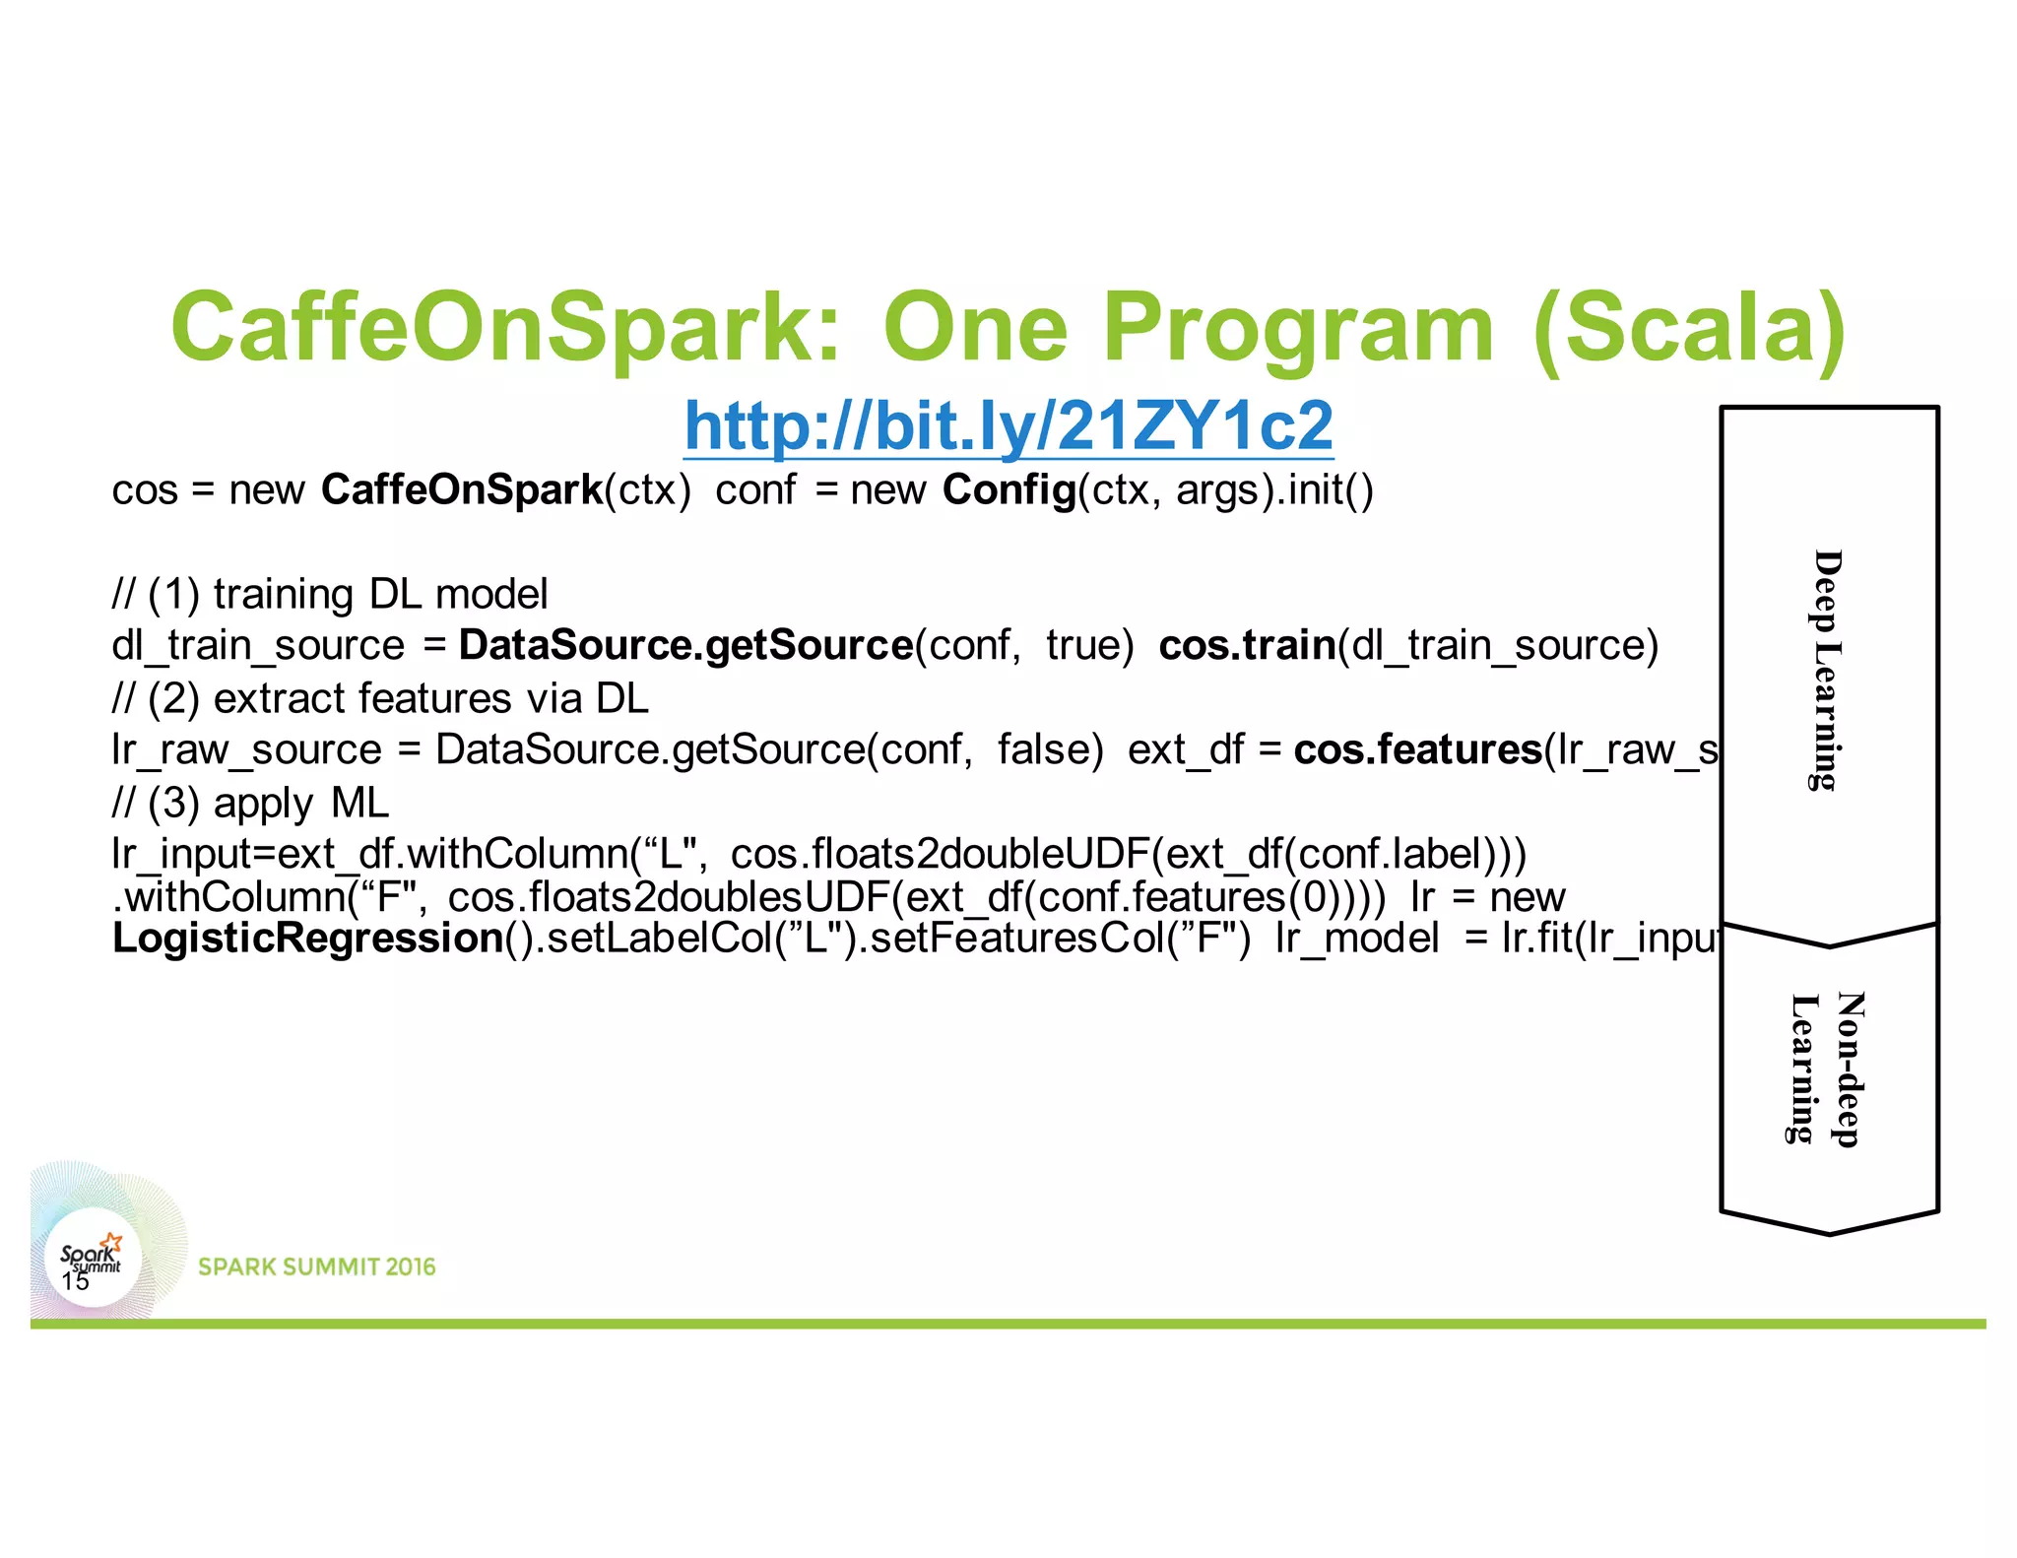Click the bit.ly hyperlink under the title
coord(1008,425)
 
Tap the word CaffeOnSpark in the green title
coord(505,327)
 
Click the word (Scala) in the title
coord(1688,327)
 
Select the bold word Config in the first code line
coord(1008,489)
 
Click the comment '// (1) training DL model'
coord(330,594)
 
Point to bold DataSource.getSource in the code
coord(685,645)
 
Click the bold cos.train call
coord(1246,645)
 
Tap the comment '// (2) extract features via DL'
coord(380,698)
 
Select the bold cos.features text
coord(1416,749)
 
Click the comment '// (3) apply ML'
coord(250,803)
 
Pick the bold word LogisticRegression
coord(308,938)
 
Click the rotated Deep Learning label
coord(1827,670)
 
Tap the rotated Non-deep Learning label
coord(1827,1069)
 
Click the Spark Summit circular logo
coord(92,1257)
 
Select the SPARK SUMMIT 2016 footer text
coord(316,1266)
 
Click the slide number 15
coord(75,1281)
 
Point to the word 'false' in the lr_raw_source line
coord(1049,749)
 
